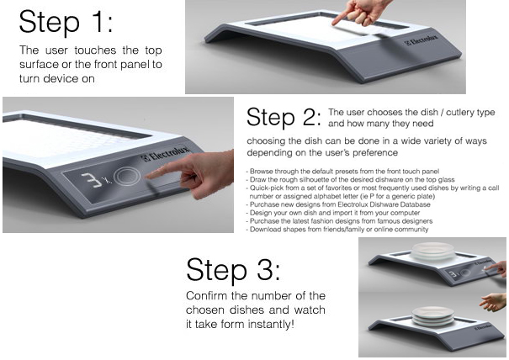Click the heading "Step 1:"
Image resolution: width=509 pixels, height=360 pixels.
click(x=66, y=22)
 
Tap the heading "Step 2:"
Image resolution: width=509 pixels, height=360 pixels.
click(x=284, y=117)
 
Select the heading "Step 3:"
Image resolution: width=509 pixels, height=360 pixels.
click(x=233, y=270)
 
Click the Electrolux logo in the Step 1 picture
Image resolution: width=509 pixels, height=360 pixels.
click(x=421, y=40)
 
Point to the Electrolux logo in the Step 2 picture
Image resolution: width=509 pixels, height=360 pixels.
click(x=166, y=154)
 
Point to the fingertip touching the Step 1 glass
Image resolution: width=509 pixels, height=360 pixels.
click(x=334, y=23)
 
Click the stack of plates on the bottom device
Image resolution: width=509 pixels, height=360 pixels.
click(x=432, y=316)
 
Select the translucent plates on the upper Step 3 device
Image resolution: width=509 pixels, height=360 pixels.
click(x=432, y=251)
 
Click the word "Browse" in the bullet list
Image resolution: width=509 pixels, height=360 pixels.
click(x=261, y=171)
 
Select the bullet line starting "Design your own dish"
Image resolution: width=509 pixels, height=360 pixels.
click(x=333, y=213)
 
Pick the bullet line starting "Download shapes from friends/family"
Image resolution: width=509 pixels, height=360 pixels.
click(x=337, y=230)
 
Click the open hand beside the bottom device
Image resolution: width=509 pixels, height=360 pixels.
click(x=493, y=302)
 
